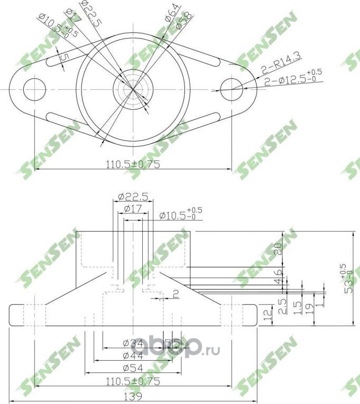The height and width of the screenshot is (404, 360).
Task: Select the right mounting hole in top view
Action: [x=231, y=88]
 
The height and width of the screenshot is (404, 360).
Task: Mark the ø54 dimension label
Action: [x=132, y=368]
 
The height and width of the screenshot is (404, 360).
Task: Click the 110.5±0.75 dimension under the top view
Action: [x=133, y=164]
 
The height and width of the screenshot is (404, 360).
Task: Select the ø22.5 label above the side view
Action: [x=133, y=196]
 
